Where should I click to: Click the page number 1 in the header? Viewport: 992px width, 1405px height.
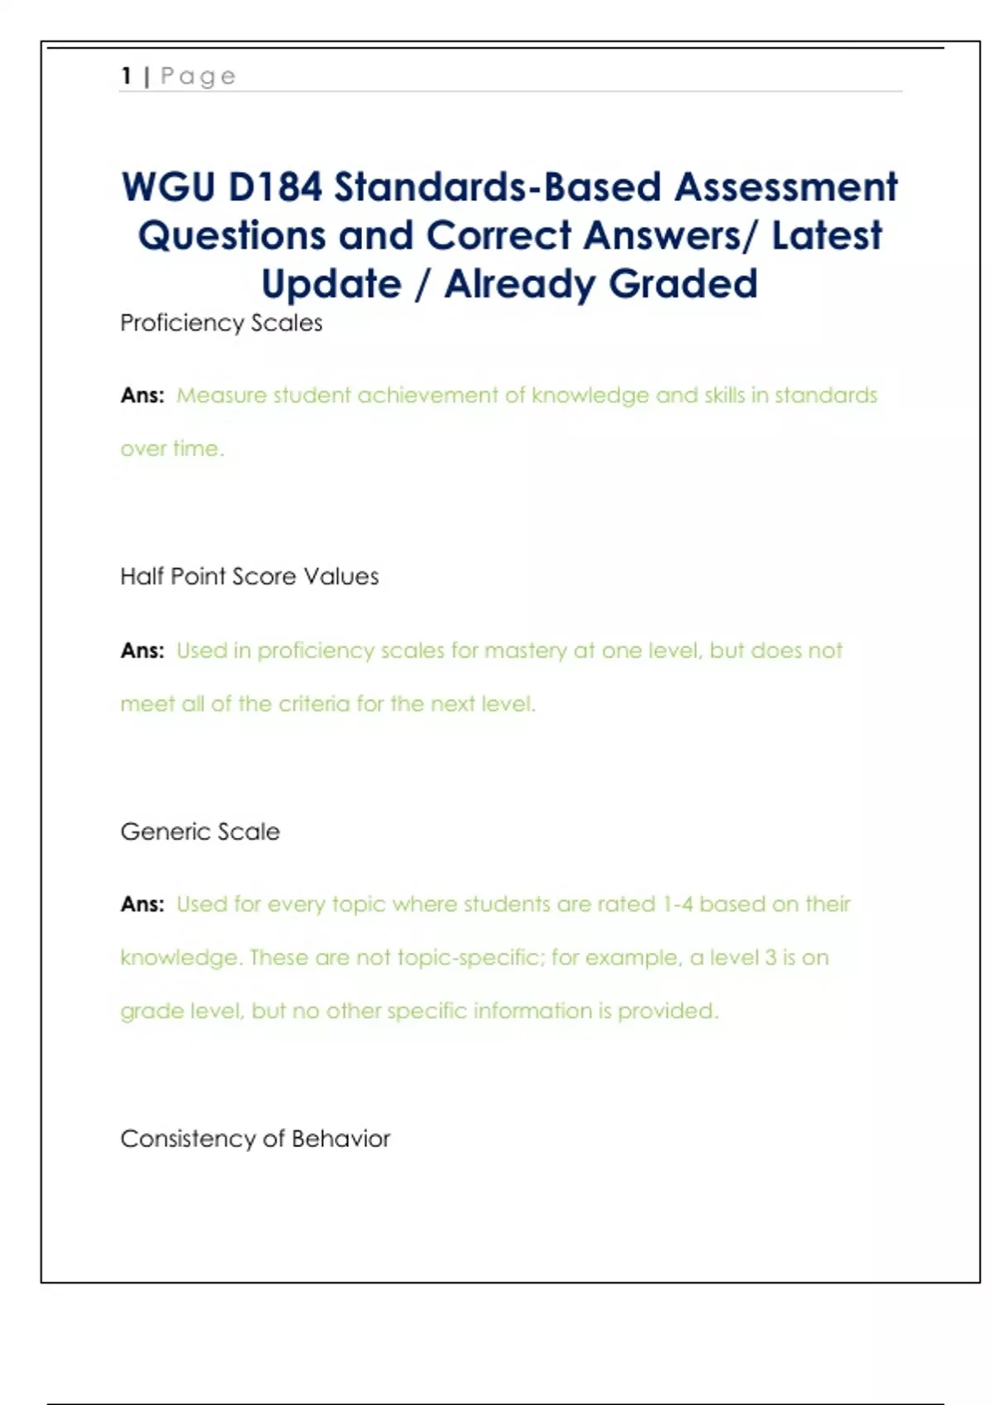126,76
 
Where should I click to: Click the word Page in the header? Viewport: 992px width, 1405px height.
198,77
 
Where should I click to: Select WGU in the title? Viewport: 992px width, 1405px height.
168,187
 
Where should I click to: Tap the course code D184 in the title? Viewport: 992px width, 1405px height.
275,187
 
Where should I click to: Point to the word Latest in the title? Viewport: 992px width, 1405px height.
827,236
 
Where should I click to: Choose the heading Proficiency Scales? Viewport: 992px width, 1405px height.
221,323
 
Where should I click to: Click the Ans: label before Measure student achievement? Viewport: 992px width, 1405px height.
142,396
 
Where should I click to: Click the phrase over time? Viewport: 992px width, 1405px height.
172,449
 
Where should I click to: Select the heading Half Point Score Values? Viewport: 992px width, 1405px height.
249,577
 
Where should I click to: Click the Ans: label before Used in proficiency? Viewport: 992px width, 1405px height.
142,651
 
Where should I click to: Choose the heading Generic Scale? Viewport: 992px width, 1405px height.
200,831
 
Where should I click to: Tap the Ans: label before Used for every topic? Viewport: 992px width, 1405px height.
142,905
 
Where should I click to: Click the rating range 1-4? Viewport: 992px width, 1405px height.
677,905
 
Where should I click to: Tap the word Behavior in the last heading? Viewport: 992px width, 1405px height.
341,1139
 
